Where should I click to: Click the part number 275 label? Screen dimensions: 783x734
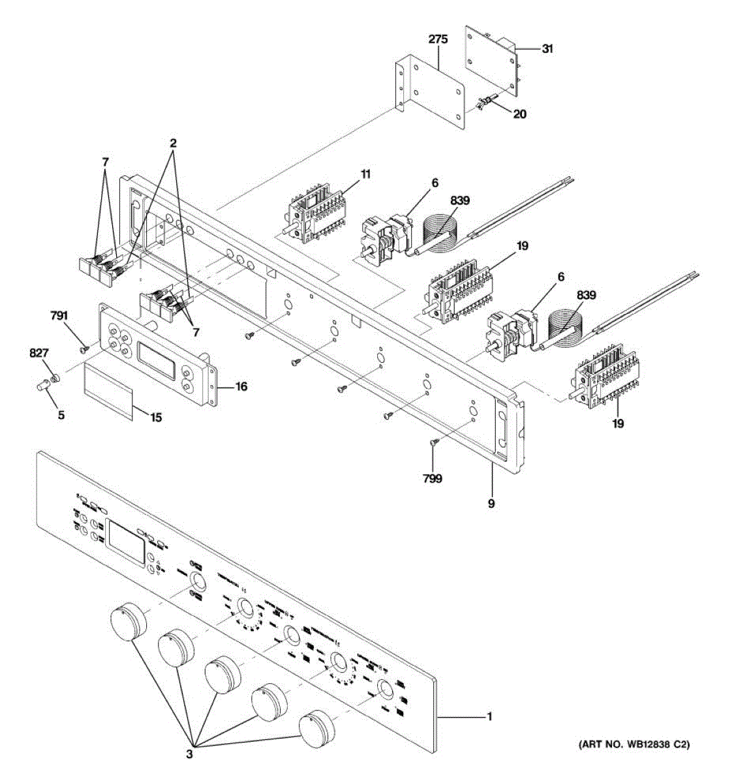(x=438, y=40)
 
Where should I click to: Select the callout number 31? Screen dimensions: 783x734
(x=547, y=48)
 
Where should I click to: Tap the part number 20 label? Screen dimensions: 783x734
(x=519, y=114)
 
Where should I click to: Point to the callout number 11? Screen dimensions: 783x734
(x=365, y=174)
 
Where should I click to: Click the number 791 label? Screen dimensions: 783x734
(x=59, y=317)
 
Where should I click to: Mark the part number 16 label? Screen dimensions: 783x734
(x=241, y=386)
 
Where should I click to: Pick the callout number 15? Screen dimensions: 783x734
(x=155, y=417)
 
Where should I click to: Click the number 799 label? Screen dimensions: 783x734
(x=432, y=478)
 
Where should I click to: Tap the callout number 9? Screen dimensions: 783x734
(x=491, y=503)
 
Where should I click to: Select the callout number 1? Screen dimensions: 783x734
(x=489, y=717)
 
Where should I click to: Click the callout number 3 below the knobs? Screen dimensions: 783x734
(x=190, y=754)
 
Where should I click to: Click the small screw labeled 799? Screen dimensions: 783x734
(x=434, y=442)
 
